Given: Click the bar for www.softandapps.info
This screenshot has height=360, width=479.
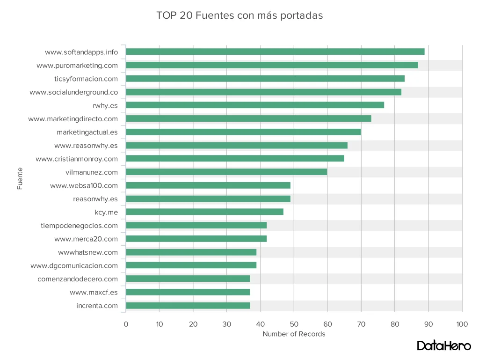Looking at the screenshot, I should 275,51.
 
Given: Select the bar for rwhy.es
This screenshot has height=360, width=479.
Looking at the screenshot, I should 255,105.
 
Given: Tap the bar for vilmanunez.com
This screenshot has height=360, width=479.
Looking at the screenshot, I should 226,172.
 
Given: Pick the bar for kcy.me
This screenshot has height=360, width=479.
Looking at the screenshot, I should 204,212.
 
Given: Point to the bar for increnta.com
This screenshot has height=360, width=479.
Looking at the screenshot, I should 188,306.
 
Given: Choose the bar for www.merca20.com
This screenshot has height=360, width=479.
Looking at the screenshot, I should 196,239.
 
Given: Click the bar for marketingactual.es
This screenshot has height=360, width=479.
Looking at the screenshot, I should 243,132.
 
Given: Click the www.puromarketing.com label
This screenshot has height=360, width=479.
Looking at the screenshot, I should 77,66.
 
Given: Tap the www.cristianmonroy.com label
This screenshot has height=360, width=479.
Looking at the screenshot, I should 77,159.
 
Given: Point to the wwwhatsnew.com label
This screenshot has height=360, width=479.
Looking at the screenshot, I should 88,252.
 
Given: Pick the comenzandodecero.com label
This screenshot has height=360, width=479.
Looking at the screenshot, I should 78,279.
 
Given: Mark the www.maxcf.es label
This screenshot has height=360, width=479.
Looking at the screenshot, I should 94,293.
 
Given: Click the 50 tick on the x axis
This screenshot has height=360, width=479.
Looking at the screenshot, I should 294,323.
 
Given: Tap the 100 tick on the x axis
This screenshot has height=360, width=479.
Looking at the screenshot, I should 462,323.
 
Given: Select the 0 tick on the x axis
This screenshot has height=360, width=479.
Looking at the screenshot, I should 126,323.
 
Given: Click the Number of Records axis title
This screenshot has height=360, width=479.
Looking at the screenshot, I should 294,334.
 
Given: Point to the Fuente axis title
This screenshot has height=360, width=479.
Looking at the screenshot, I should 20,179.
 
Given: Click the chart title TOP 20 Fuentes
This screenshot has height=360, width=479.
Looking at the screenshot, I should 239,15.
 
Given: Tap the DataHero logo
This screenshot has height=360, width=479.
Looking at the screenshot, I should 443,345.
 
